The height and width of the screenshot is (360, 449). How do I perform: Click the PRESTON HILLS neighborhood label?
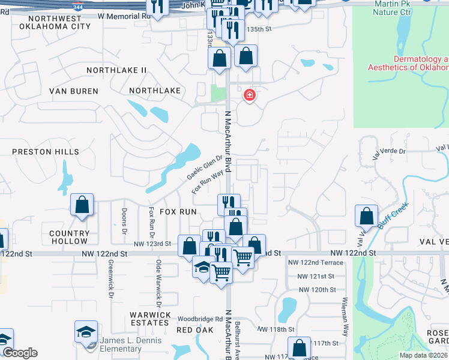pos(45,152)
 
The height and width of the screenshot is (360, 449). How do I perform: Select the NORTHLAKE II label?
pos(116,70)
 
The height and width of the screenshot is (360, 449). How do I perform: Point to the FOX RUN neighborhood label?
pos(178,212)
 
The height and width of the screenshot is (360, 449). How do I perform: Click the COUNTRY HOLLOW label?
pos(69,237)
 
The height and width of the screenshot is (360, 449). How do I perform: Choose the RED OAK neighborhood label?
pos(195,329)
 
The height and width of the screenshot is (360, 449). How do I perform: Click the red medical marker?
pos(249,95)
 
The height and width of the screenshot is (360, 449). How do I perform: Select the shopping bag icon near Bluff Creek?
pos(366,215)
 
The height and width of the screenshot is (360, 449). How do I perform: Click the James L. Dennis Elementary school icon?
pos(86,331)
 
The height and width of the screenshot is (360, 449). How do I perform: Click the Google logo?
pos(20,353)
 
